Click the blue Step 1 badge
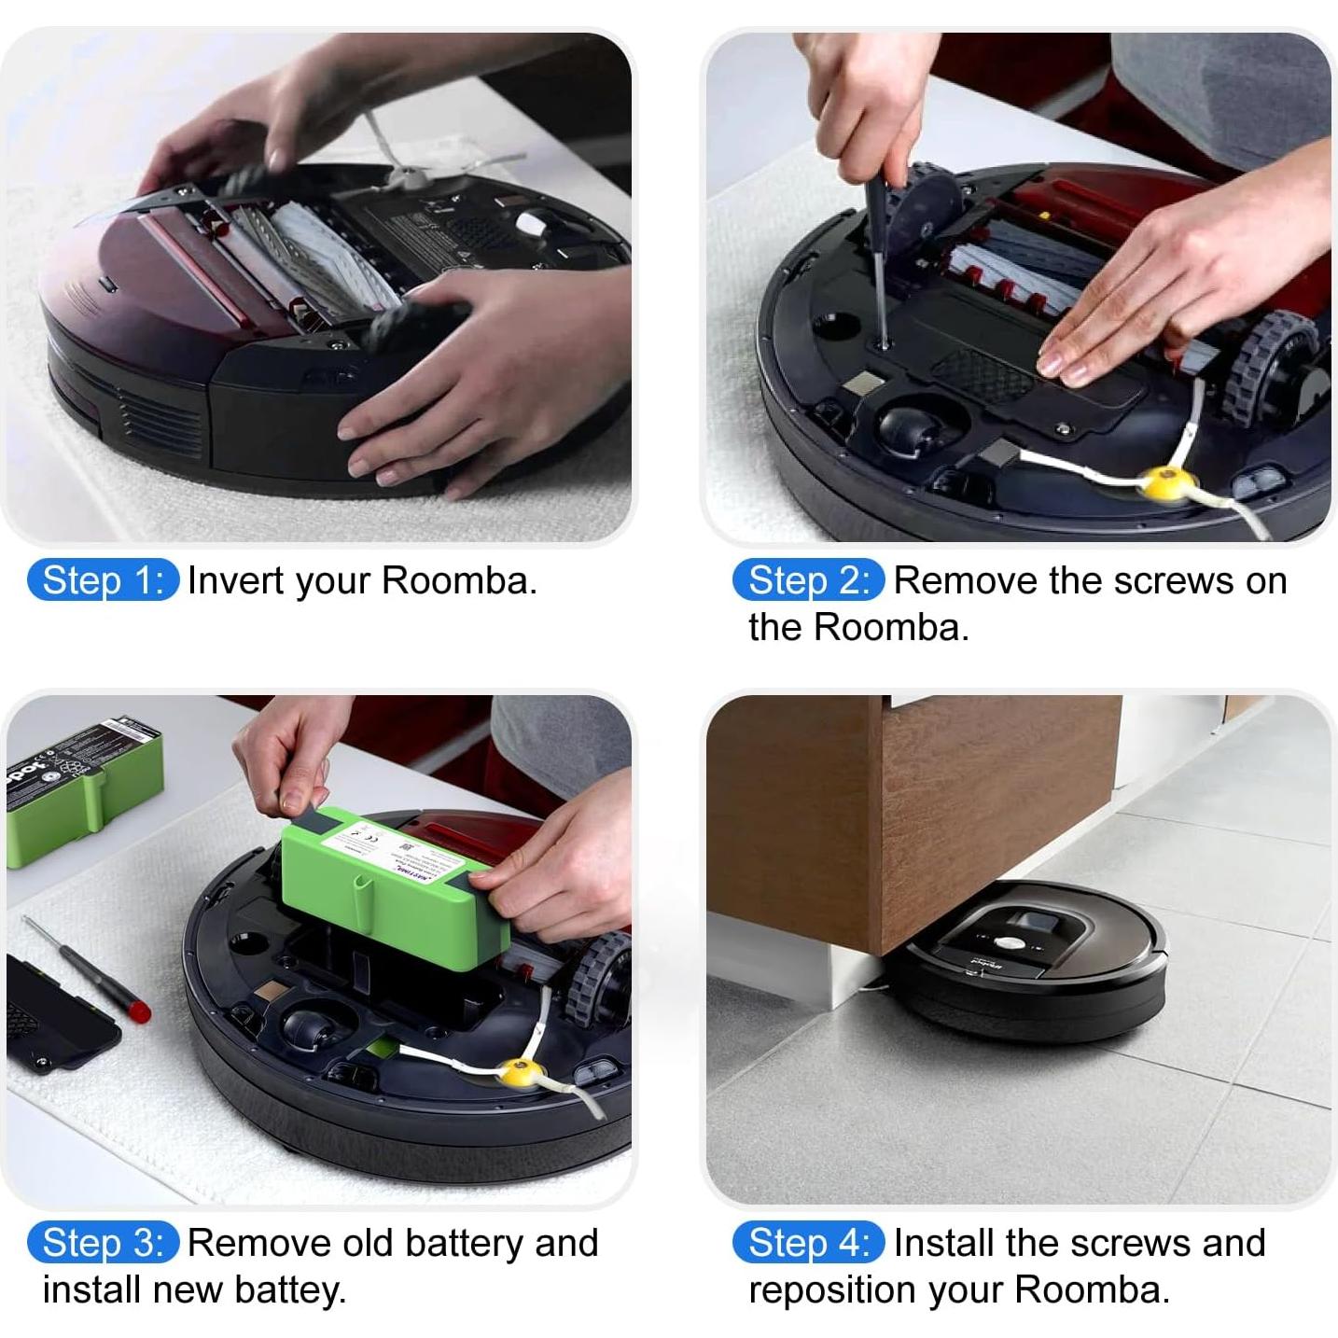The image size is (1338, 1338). [103, 580]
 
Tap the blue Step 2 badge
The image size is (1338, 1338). [808, 580]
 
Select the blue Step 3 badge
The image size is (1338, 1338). [103, 1243]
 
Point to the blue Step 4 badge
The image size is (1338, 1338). [808, 1243]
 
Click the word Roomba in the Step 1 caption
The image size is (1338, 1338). [457, 580]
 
